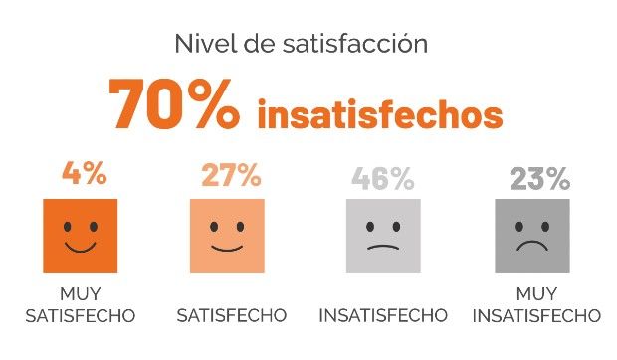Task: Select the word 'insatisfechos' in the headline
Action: (379, 114)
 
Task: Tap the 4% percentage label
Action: (83, 175)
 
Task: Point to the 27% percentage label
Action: (231, 176)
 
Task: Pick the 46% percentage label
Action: (382, 179)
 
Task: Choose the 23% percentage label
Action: (538, 179)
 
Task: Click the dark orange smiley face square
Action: (81, 236)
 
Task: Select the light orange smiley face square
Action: (227, 236)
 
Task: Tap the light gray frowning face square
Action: (383, 236)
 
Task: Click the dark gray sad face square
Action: (532, 236)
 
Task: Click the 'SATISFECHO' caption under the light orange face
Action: (231, 316)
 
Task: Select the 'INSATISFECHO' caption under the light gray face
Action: (383, 316)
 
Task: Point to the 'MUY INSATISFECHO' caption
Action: (536, 305)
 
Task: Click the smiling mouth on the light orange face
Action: (227, 247)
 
